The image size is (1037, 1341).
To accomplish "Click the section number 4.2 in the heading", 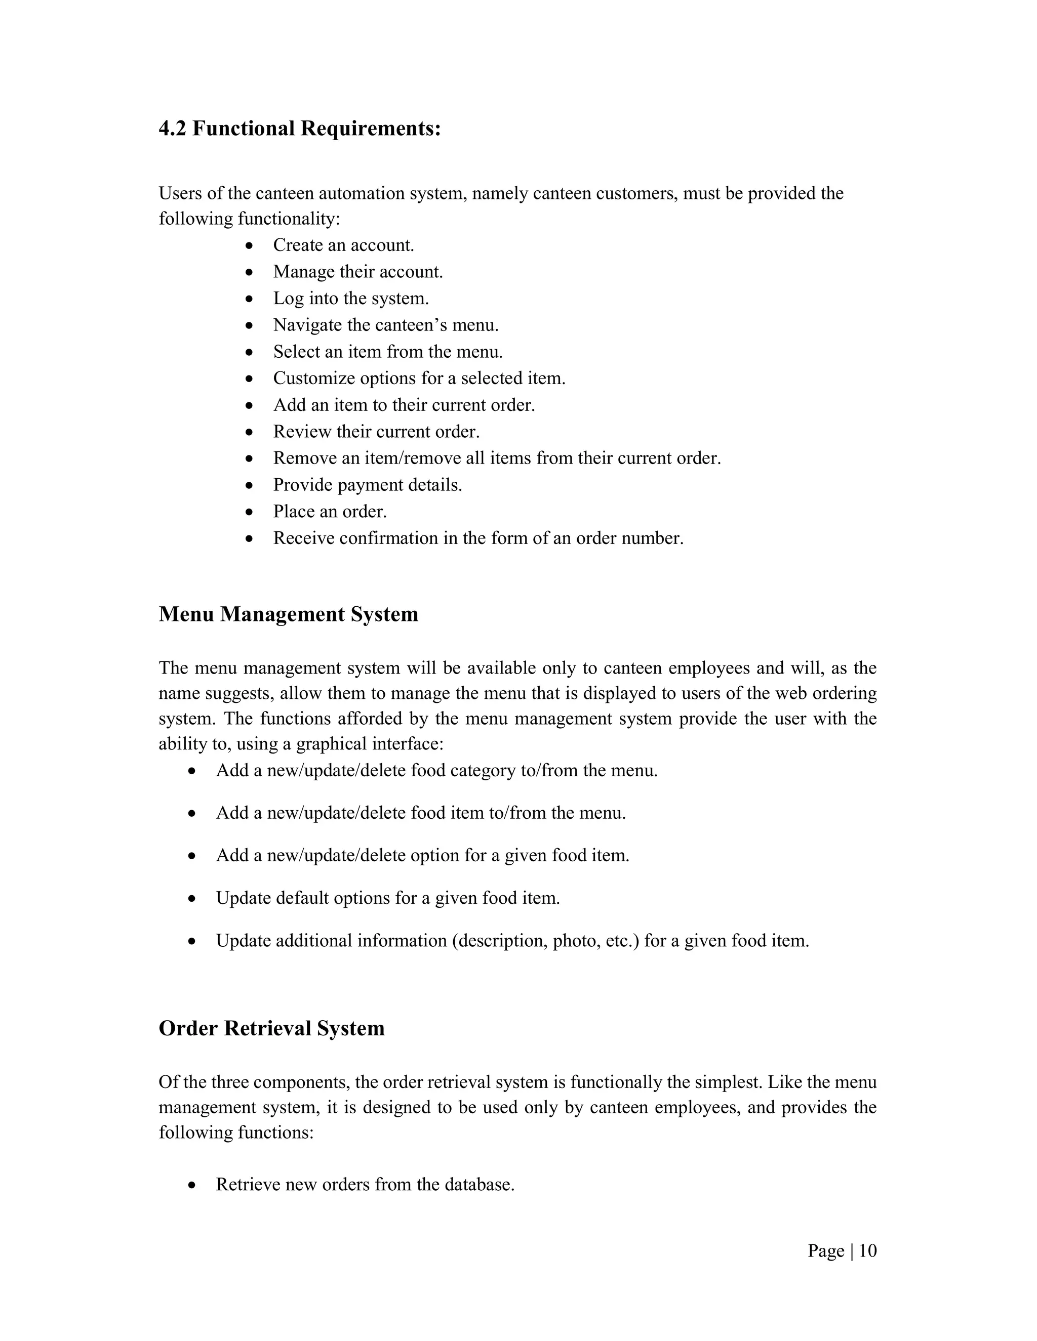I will [173, 129].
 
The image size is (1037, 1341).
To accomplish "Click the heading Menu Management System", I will [288, 614].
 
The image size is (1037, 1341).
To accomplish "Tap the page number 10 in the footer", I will [867, 1251].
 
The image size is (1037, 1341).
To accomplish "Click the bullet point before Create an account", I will [249, 245].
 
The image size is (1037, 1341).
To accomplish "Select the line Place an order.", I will [330, 512].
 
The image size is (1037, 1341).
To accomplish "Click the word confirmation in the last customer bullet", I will [397, 538].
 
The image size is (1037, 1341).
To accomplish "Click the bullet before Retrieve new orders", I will [192, 1185].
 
